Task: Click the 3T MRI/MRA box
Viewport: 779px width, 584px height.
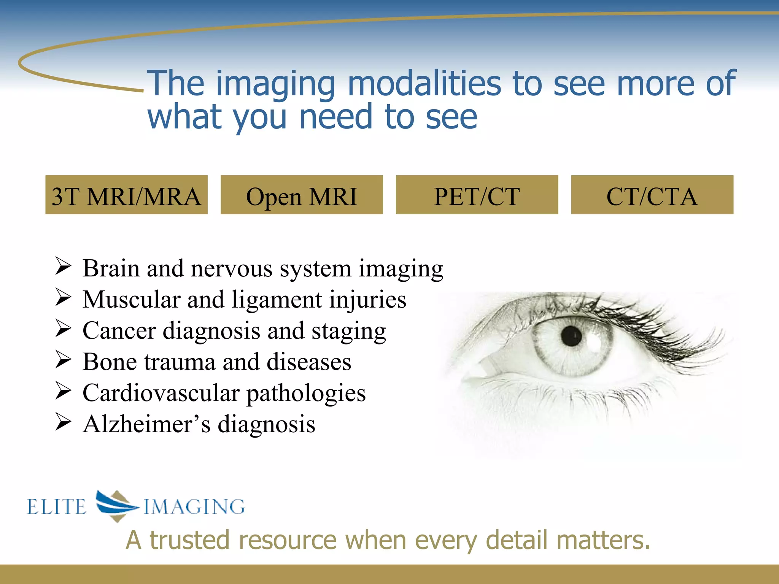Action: point(126,195)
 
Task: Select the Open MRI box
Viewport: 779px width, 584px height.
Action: point(302,195)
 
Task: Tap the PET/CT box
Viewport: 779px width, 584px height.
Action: point(477,195)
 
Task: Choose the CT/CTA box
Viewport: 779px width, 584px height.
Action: point(652,195)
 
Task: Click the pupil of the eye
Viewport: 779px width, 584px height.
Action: point(571,336)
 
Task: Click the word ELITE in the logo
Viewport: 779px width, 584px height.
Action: point(57,507)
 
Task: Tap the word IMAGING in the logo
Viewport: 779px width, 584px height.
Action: point(194,507)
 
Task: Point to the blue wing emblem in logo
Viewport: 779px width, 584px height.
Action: point(116,505)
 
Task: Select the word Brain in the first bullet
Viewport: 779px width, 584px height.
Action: point(111,268)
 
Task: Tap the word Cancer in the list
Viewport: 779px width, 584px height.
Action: point(119,330)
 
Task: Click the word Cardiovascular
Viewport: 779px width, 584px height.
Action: point(161,393)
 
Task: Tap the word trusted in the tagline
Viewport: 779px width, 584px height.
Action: point(189,540)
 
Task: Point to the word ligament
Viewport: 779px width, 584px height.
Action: point(277,300)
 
